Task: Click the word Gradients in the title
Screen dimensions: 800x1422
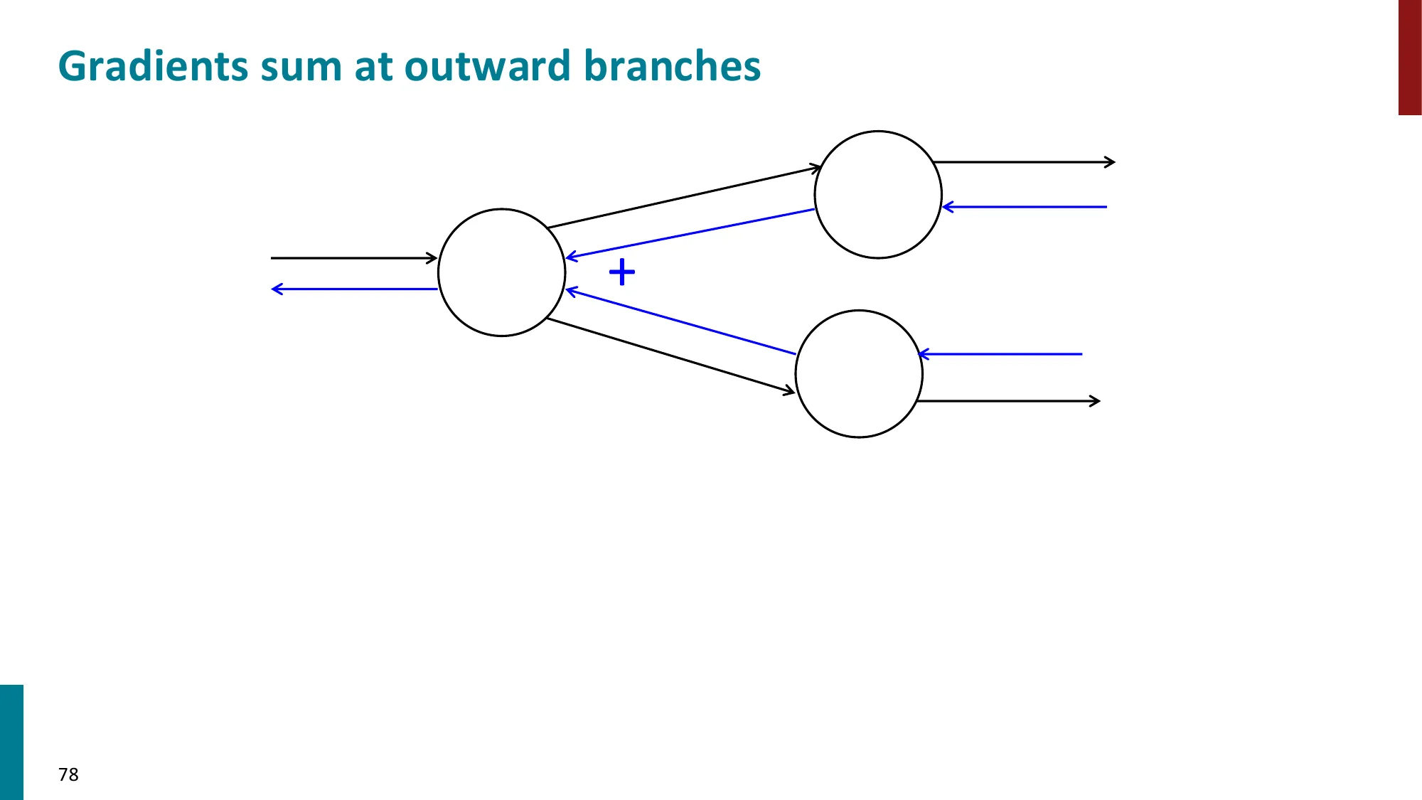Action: [x=152, y=67]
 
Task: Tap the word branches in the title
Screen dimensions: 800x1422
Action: [x=672, y=67]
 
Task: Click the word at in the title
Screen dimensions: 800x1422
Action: [x=373, y=67]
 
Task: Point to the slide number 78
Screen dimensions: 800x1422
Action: [x=68, y=774]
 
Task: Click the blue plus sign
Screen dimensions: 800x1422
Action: [x=622, y=272]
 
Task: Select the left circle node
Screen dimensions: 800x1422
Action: [x=501, y=272]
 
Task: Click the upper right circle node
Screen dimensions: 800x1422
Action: [x=878, y=194]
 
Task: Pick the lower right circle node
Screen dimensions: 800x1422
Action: [x=859, y=373]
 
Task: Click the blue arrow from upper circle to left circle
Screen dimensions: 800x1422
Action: [x=690, y=234]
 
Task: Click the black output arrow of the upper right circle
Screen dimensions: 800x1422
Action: [x=1024, y=163]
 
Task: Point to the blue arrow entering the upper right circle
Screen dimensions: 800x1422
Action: [x=1025, y=207]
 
